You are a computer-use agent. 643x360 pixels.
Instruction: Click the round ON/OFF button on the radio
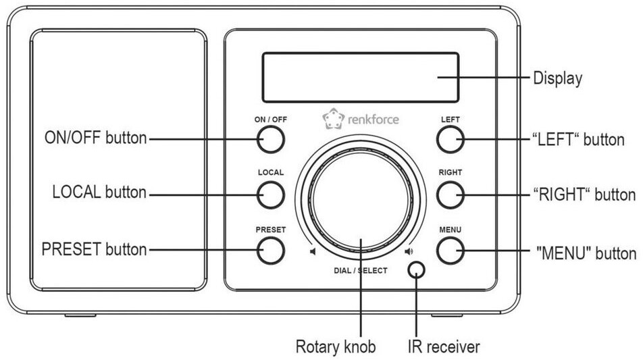pyautogui.click(x=270, y=140)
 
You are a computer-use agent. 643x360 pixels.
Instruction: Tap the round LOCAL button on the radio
pyautogui.click(x=270, y=195)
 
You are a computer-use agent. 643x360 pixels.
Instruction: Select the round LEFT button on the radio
pyautogui.click(x=450, y=140)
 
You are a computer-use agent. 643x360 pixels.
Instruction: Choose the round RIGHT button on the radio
pyautogui.click(x=450, y=195)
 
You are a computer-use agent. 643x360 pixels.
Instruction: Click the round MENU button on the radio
pyautogui.click(x=450, y=251)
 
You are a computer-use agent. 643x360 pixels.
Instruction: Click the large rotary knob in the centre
pyautogui.click(x=361, y=202)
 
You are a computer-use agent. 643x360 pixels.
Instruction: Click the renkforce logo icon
pyautogui.click(x=332, y=120)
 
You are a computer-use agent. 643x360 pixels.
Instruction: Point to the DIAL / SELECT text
pyautogui.click(x=361, y=271)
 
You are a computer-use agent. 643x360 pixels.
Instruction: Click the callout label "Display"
pyautogui.click(x=558, y=78)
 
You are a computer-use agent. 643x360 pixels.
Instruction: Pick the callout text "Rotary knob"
pyautogui.click(x=336, y=347)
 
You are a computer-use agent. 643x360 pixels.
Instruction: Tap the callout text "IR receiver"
pyautogui.click(x=443, y=347)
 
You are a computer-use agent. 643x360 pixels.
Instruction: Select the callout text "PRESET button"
pyautogui.click(x=94, y=249)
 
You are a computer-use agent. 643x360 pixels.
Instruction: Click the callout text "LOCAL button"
pyautogui.click(x=99, y=192)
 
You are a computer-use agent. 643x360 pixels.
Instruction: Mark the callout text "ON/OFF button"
pyautogui.click(x=95, y=138)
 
